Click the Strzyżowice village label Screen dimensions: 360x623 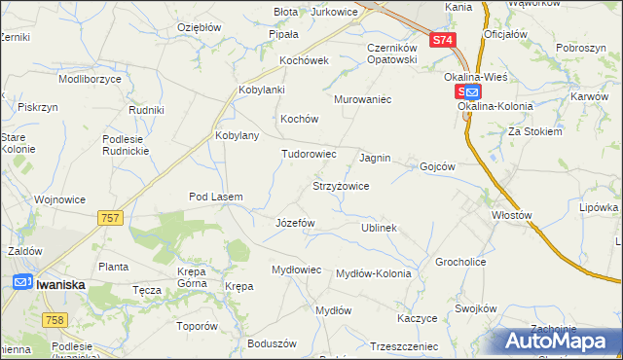340,185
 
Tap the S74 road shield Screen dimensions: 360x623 442,40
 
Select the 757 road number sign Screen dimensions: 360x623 110,218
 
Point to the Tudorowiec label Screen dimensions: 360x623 309,154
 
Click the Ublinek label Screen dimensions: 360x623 379,228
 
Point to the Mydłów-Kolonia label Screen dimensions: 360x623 373,273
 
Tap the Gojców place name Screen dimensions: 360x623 437,166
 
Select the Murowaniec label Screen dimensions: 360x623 362,99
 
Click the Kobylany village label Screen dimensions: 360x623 237,135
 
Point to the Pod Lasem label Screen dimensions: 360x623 215,197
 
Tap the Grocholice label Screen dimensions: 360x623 460,263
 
